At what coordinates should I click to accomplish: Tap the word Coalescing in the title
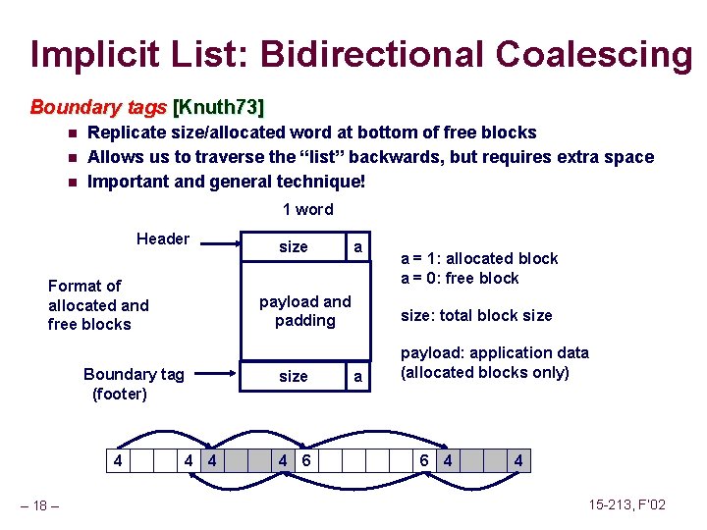click(x=595, y=54)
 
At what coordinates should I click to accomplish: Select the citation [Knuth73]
click(x=219, y=106)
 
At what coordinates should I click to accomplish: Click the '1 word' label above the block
click(x=307, y=209)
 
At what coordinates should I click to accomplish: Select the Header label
click(x=163, y=238)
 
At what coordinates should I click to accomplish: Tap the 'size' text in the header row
click(x=293, y=247)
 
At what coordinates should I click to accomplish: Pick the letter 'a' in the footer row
click(x=357, y=377)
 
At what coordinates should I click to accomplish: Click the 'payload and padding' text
click(x=304, y=311)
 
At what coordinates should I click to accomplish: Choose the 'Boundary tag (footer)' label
click(x=120, y=384)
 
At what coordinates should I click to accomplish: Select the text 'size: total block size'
click(x=476, y=315)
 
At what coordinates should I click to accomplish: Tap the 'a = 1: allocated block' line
click(x=479, y=258)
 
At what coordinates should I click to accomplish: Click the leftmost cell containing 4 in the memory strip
click(x=117, y=460)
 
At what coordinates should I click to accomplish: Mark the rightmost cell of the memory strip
click(x=518, y=460)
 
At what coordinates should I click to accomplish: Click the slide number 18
click(x=39, y=505)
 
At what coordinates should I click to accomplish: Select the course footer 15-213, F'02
click(x=626, y=504)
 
